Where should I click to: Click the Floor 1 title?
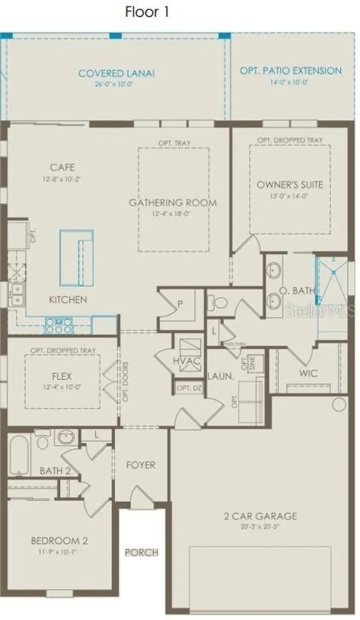147,12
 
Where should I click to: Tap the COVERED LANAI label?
116,74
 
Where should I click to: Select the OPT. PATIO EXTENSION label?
291,71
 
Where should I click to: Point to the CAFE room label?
62,167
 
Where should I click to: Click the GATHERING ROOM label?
173,203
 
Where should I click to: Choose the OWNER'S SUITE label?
290,185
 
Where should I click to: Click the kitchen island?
76,258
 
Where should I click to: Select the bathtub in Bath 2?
19,454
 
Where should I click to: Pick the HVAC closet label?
187,361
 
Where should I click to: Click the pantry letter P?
180,304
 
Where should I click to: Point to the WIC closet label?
308,373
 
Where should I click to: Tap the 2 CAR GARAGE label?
260,516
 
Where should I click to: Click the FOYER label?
141,465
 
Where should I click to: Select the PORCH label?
141,553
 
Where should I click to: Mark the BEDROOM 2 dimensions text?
60,552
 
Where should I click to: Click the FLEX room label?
62,377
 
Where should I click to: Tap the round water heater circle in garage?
339,404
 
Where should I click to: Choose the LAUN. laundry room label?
221,377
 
